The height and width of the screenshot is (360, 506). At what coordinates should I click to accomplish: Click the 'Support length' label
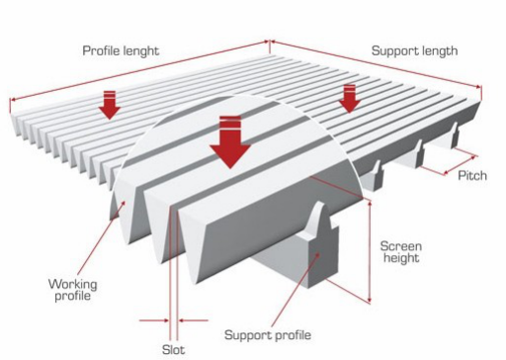[x=415, y=49]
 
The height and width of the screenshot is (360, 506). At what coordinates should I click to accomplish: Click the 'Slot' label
[x=173, y=348]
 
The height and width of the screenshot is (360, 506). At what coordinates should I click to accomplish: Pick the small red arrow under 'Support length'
[x=349, y=98]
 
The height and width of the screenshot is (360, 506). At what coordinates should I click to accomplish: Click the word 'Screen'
[x=401, y=244]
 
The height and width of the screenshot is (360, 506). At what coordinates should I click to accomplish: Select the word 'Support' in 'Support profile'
[x=249, y=333]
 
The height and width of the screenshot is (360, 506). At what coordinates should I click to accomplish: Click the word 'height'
[x=401, y=259]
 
